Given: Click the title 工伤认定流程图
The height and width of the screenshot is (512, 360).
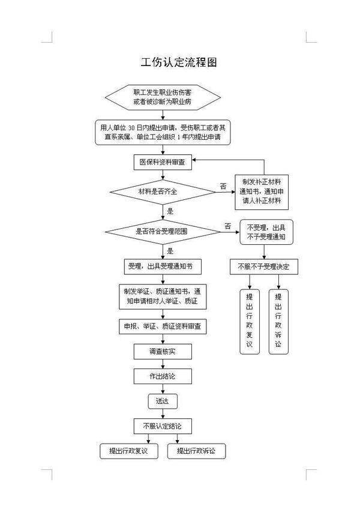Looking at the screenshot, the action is (179, 62).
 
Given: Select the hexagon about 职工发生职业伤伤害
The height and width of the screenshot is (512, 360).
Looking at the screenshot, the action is (163, 97).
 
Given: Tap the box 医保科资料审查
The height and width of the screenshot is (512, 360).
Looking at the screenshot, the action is (163, 162).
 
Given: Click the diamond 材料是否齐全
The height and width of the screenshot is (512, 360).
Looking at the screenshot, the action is (163, 192).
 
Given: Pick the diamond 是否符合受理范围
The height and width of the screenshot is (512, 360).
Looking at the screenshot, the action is (163, 232).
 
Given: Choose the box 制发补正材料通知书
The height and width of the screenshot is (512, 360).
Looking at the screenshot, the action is (262, 192).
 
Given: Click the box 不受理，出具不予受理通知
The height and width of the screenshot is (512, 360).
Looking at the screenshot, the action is (266, 232).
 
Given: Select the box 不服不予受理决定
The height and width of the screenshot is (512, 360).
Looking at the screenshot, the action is (264, 267).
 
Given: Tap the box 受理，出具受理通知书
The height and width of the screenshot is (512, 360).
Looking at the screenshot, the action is (163, 267).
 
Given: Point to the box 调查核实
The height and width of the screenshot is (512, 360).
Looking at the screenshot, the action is (163, 352).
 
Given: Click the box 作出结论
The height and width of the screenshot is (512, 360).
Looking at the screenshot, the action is (163, 376).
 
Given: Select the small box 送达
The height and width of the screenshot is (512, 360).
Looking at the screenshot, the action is (163, 402).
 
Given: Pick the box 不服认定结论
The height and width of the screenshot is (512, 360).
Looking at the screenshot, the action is (163, 426).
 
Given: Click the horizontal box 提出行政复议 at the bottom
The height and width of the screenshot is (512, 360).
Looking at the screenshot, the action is (129, 451).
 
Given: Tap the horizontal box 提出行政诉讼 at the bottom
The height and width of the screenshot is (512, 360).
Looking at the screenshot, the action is (196, 451).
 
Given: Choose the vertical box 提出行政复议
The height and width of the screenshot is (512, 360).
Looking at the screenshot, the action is (250, 322).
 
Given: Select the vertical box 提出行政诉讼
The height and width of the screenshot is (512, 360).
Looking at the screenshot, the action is (278, 322).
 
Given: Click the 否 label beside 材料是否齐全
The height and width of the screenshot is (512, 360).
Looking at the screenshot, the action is (223, 187).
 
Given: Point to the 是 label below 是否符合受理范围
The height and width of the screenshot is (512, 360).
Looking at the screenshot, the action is (170, 251).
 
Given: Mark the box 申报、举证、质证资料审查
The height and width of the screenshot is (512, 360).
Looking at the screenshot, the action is (163, 327).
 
